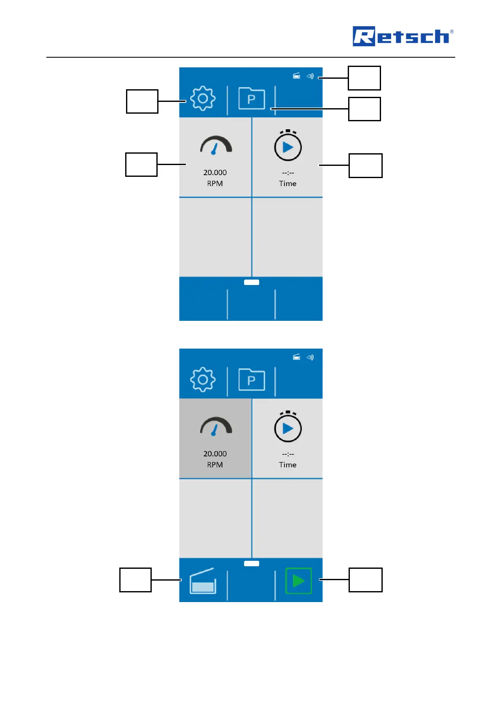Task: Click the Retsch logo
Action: (403, 36)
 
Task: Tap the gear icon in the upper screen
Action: (203, 99)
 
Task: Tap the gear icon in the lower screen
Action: (203, 380)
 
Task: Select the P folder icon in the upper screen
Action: (252, 99)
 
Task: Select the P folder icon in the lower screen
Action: (252, 380)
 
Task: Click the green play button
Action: (298, 581)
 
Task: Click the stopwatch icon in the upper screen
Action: (288, 146)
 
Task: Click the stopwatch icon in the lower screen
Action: (288, 427)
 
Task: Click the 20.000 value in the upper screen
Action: (215, 173)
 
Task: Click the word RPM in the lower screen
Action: (215, 465)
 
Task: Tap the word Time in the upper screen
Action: (287, 184)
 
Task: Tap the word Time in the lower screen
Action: (287, 465)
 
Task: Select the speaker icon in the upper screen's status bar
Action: (310, 76)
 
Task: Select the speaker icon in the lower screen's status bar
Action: (310, 357)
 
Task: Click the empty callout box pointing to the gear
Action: (142, 101)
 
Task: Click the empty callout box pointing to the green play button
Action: (365, 580)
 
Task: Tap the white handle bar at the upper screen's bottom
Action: (252, 283)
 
